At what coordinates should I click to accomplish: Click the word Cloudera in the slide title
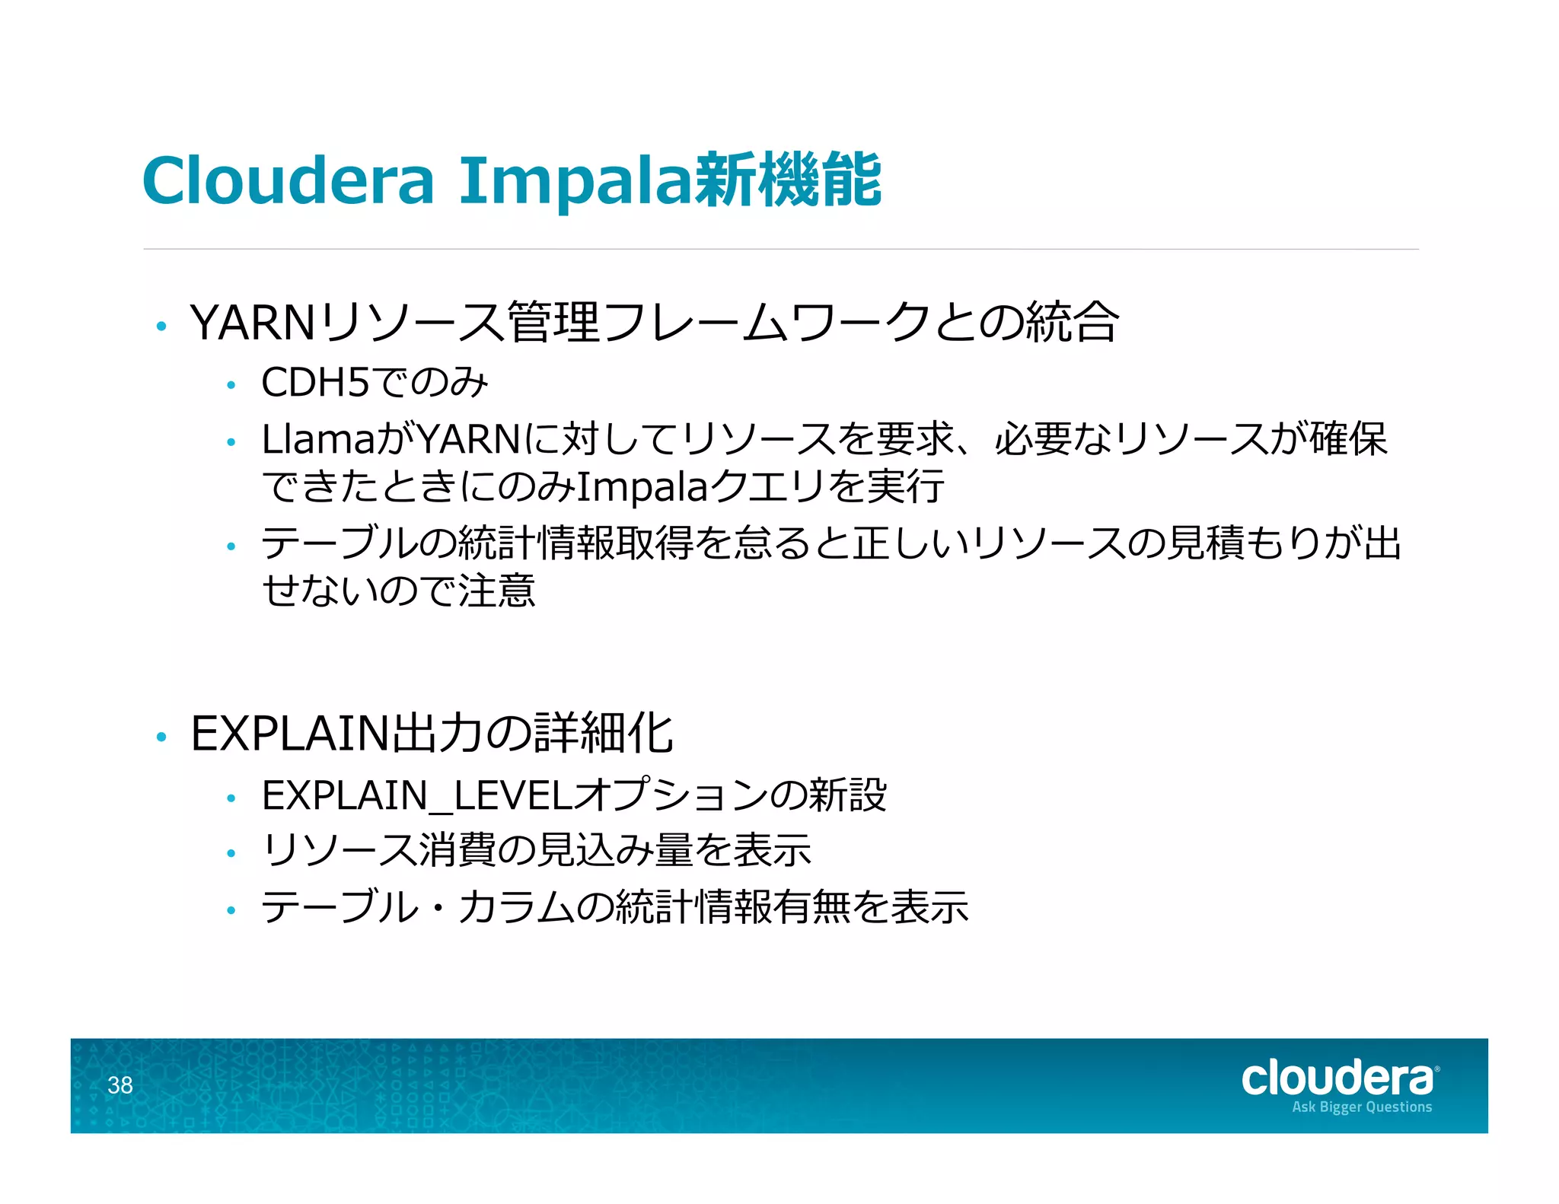pyautogui.click(x=288, y=180)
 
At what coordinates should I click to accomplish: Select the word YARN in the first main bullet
pyautogui.click(x=253, y=323)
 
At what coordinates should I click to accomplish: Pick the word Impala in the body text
pyautogui.click(x=642, y=488)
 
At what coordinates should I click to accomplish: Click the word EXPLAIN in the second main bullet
pyautogui.click(x=290, y=734)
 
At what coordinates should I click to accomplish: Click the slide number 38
pyautogui.click(x=120, y=1085)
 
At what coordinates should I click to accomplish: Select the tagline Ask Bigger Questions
pyautogui.click(x=1361, y=1107)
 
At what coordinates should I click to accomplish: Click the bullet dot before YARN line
pyautogui.click(x=161, y=326)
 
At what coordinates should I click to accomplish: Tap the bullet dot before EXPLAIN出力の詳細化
pyautogui.click(x=161, y=737)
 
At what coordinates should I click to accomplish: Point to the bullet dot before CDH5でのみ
pyautogui.click(x=231, y=385)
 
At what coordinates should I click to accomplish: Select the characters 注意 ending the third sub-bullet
pyautogui.click(x=497, y=591)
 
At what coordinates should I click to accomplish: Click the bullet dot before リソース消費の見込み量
pyautogui.click(x=231, y=854)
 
